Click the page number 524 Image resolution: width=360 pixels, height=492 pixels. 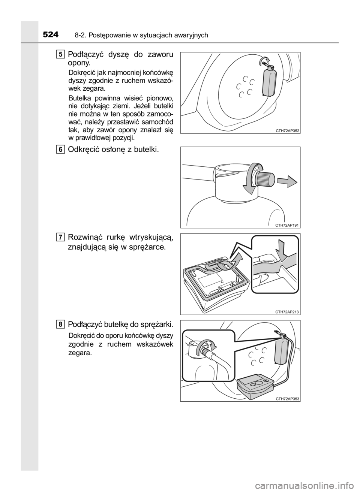coord(51,34)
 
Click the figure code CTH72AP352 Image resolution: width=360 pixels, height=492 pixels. coord(287,131)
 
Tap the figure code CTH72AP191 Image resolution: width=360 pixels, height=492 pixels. coord(287,225)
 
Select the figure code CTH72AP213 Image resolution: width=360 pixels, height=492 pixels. coord(287,312)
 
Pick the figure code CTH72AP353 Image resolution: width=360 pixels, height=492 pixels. coord(287,399)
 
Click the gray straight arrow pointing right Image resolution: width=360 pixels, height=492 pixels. coord(287,182)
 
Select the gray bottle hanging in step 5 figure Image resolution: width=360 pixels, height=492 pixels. coord(269,81)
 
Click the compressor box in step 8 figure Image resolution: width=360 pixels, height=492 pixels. coord(256,385)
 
